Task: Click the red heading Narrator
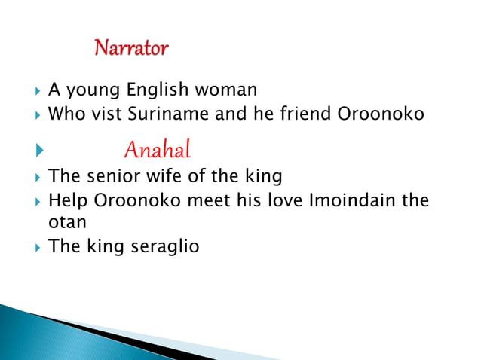coord(131,50)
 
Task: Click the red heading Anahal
coord(157,150)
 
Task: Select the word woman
coord(226,90)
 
